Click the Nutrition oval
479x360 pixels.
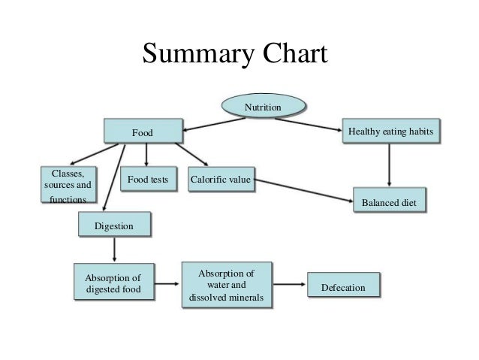263,108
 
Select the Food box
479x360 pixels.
143,132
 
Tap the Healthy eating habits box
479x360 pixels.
390,132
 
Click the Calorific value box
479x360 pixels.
221,180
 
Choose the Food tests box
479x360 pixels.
147,180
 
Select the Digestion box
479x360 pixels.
114,225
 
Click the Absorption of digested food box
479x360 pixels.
113,282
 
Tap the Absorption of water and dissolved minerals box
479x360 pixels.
226,285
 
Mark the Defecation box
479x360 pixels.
342,287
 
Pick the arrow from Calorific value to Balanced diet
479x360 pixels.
304,189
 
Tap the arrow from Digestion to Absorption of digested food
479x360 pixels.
113,250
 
